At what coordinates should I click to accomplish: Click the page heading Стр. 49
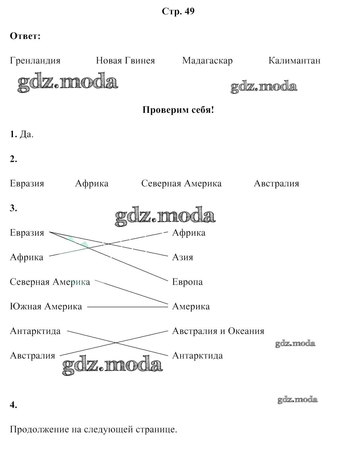click(x=178, y=11)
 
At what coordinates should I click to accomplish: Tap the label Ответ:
click(x=25, y=36)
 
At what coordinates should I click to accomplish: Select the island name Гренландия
click(x=35, y=61)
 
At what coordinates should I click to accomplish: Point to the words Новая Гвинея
click(x=125, y=61)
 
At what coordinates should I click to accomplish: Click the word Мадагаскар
click(x=207, y=61)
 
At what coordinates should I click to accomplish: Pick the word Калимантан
click(x=294, y=61)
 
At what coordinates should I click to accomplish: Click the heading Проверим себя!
click(x=178, y=110)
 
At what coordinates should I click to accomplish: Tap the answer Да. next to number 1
click(x=26, y=134)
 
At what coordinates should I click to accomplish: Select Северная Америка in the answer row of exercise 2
click(x=181, y=184)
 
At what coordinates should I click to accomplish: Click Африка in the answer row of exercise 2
click(x=92, y=184)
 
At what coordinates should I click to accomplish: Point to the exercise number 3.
click(x=13, y=208)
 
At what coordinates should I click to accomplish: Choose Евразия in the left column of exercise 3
click(x=27, y=233)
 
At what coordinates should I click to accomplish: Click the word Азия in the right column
click(x=183, y=257)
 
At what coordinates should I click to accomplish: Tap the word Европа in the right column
click(x=187, y=282)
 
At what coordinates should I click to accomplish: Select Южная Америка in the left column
click(x=46, y=307)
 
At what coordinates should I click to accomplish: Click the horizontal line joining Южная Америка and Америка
click(x=127, y=307)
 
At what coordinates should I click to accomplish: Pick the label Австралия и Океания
click(x=218, y=331)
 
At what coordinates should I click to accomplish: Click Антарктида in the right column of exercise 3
click(x=197, y=356)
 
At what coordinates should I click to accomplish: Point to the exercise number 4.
click(x=13, y=405)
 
